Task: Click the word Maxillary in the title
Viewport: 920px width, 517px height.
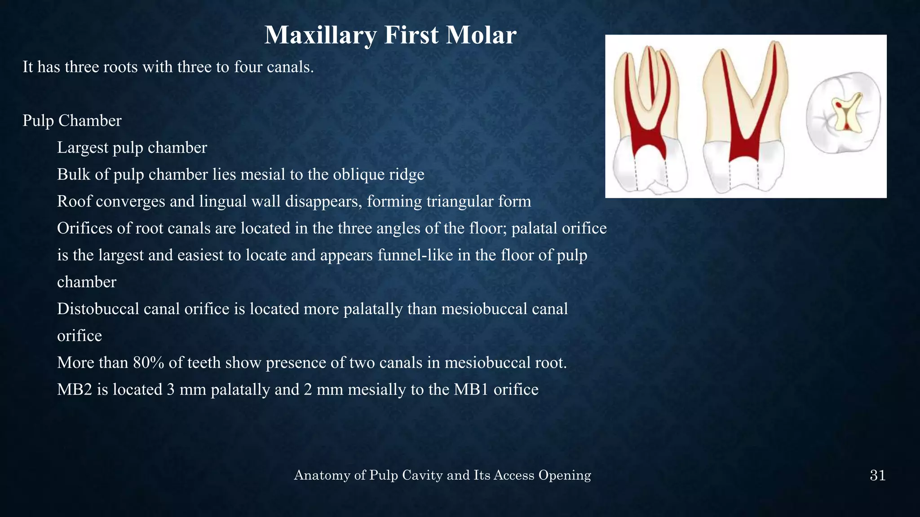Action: tap(320, 35)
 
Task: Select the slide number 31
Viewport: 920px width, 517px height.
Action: tap(877, 475)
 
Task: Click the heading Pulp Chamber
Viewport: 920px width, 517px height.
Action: tap(72, 121)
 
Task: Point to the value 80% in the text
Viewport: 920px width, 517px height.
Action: tap(148, 363)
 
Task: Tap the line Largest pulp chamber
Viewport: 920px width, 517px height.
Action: tap(132, 148)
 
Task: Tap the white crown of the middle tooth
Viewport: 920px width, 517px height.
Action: tap(743, 173)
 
